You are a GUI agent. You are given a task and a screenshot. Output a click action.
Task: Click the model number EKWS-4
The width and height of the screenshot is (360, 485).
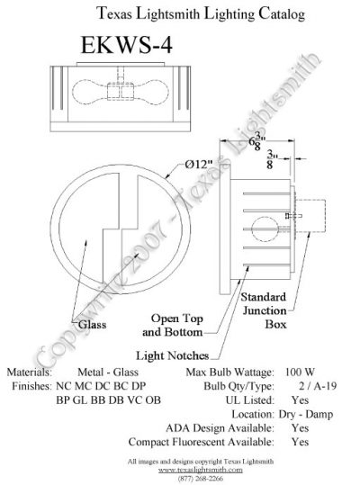127,46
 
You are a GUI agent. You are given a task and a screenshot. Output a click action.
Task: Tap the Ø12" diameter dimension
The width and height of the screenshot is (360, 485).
199,164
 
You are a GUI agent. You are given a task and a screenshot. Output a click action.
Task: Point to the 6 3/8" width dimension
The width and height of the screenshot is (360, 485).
257,142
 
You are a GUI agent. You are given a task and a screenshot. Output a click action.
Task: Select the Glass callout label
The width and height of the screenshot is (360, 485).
92,325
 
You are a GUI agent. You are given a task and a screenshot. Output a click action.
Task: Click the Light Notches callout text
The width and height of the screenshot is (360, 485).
173,355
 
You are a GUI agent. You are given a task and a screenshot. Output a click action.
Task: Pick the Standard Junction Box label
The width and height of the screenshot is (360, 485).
264,310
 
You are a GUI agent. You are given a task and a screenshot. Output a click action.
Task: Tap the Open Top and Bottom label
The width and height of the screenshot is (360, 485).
173,325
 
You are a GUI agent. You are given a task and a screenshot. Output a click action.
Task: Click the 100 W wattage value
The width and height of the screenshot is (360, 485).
300,372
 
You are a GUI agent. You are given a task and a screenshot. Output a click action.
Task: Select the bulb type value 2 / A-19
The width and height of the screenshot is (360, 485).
318,386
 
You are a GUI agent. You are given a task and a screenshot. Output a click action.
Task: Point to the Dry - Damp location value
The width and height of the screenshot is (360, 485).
306,414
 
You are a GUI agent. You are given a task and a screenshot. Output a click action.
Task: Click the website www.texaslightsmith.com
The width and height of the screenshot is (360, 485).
201,470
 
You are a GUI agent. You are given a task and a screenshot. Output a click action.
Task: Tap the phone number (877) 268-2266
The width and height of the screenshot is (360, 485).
201,478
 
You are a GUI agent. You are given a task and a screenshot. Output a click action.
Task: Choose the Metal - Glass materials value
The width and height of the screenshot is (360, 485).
108,372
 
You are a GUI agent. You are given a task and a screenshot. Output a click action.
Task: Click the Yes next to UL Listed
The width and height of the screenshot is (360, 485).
300,400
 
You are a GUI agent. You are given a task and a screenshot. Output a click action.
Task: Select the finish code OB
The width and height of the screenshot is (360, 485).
153,400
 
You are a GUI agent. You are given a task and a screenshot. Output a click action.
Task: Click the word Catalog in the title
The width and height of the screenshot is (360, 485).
282,13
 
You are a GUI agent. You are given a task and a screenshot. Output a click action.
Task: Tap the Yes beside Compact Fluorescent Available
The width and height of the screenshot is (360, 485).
300,442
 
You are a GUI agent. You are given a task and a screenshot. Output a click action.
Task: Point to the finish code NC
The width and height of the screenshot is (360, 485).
64,386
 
